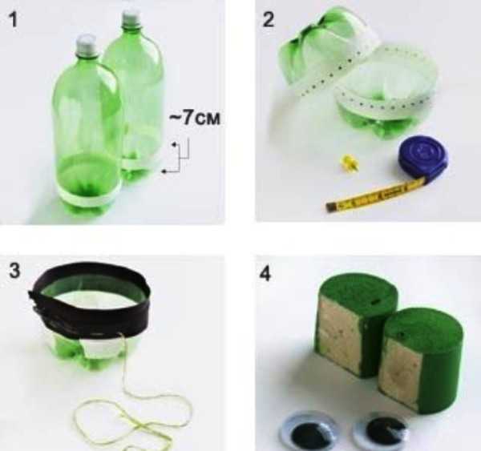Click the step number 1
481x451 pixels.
coord(14,20)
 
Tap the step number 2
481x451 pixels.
coord(269,20)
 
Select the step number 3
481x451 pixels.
coord(14,271)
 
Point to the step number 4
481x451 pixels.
coord(265,274)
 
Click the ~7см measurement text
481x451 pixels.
coord(195,118)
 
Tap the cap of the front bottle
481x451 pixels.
coord(86,43)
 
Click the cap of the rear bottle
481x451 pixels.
coord(132,18)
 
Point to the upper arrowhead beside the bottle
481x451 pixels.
coord(174,144)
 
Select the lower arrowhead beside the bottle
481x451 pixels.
coord(164,171)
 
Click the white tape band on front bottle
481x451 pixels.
coord(89,197)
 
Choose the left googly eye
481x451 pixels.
coord(307,432)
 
